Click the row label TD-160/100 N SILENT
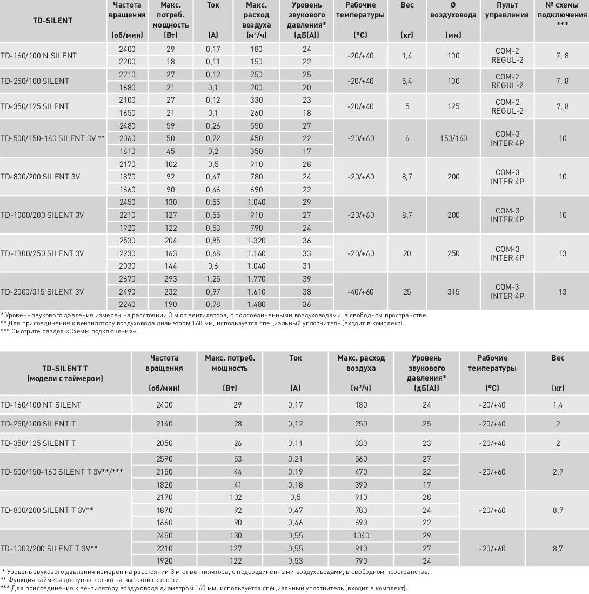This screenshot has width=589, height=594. [38, 56]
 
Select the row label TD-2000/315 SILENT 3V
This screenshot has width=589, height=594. [42, 292]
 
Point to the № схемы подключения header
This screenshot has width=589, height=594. [562, 15]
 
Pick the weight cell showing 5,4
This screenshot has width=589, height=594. [407, 81]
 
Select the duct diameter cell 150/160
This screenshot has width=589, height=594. [453, 138]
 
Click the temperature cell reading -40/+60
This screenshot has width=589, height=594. [361, 292]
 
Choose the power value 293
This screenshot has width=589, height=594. [170, 279]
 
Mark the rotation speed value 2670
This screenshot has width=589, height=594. [126, 279]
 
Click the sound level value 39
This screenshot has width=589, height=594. [307, 279]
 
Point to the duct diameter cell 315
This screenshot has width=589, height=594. [453, 292]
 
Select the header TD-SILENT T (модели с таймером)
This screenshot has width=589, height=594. [64, 373]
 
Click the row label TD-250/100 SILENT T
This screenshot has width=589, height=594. [38, 424]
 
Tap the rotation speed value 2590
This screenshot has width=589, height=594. [164, 459]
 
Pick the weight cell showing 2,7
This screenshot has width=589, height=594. [558, 472]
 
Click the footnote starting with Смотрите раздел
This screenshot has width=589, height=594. [71, 332]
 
